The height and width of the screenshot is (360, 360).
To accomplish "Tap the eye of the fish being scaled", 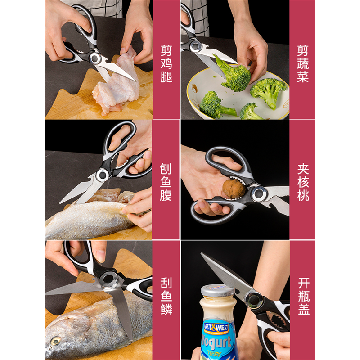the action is (55, 341).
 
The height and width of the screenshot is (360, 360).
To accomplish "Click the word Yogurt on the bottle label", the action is (216, 342).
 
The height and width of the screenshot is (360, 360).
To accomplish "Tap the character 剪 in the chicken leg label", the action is (166, 50).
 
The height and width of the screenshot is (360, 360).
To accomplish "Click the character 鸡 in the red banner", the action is (166, 63).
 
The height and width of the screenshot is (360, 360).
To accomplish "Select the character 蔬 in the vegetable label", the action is (303, 63).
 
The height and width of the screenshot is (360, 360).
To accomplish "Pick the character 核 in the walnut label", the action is (303, 182).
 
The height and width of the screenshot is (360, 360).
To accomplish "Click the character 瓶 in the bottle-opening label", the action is (304, 296).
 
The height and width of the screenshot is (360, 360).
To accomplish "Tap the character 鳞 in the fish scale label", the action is (166, 309).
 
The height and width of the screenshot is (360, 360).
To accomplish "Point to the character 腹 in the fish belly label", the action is (166, 195).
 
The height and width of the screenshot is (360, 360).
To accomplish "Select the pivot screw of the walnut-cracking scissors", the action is (259, 193).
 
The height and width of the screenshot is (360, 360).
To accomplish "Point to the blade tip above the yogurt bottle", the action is (201, 253).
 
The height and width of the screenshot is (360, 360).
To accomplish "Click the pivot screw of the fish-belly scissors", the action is (103, 175).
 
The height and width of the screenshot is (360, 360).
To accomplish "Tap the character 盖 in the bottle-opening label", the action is (304, 309).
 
